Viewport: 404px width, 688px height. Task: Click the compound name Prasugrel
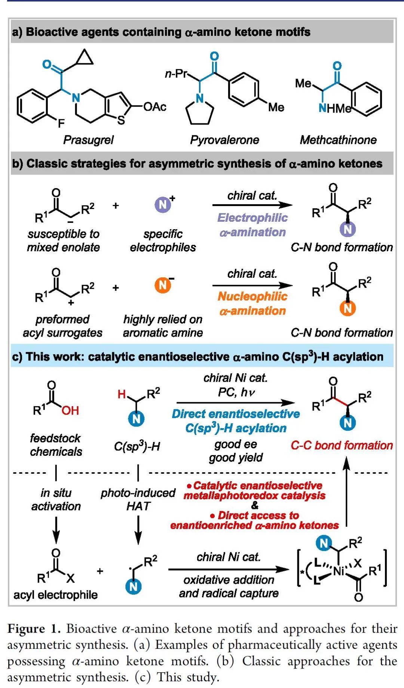click(x=88, y=140)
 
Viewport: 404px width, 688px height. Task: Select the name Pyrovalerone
click(x=224, y=140)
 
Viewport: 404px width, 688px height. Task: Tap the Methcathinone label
click(x=338, y=140)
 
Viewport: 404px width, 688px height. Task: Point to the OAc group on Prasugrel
click(x=155, y=107)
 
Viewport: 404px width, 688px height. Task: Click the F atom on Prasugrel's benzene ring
click(x=61, y=123)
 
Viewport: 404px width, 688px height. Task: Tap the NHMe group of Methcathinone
click(x=335, y=108)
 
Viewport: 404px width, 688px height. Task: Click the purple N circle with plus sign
click(x=163, y=204)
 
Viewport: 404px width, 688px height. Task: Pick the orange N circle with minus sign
click(x=163, y=286)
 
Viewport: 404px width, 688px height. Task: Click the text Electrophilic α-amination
click(x=252, y=225)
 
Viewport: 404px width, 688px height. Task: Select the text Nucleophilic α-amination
click(x=252, y=303)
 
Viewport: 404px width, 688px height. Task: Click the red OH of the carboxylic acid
click(x=70, y=410)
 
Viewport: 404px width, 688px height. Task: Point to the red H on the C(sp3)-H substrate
click(x=122, y=394)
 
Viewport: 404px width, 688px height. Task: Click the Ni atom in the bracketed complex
click(x=339, y=571)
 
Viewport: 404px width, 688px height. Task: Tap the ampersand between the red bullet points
click(x=255, y=506)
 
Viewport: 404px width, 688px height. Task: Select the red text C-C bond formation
click(x=342, y=445)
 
